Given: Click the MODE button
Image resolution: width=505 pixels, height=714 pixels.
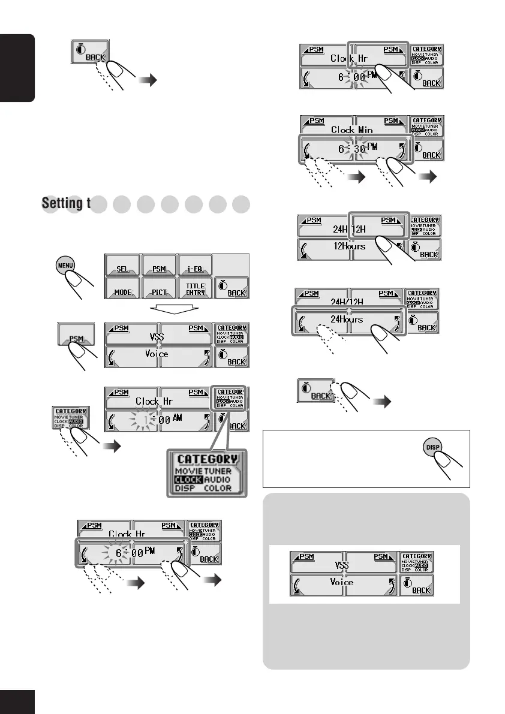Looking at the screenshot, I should point(122,291).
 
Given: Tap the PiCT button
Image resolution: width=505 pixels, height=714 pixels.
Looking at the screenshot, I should point(159,291).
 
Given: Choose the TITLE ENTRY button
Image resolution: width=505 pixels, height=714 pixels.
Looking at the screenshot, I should point(196,290).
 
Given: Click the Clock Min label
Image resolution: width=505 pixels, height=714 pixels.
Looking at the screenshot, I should point(351,129).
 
